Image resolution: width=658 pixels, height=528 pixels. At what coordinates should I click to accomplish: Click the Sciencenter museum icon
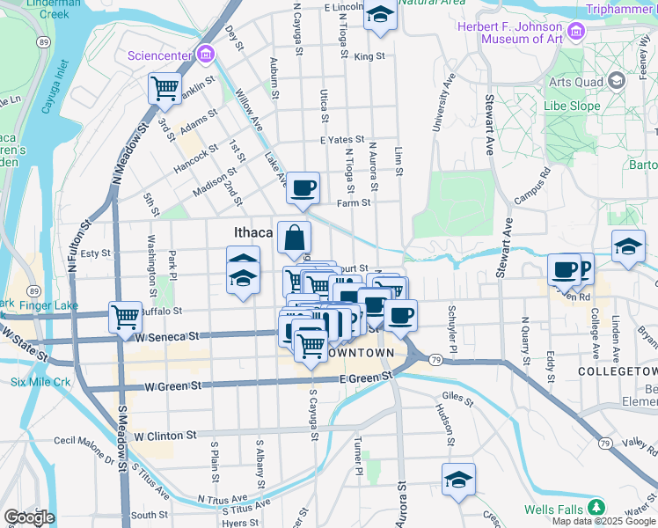tap(205, 55)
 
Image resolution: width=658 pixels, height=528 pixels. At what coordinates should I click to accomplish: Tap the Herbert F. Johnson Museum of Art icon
tap(577, 33)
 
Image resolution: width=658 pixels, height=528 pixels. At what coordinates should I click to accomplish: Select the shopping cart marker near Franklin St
tap(164, 88)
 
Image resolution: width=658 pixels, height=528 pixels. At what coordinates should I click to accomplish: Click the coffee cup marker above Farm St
tap(303, 187)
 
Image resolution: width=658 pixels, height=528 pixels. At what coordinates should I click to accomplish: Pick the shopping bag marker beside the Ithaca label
tap(294, 237)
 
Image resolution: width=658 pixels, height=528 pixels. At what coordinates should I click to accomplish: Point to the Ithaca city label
tap(253, 233)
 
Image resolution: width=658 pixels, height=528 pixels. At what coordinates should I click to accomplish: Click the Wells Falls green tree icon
tap(597, 508)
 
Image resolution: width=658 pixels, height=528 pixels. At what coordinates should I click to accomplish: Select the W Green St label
tap(173, 385)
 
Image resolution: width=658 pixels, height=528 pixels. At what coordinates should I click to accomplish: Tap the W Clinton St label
tap(164, 436)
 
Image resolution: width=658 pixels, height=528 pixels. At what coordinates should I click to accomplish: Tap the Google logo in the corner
tap(30, 517)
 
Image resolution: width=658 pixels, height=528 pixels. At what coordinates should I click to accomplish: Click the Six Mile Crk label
tap(40, 382)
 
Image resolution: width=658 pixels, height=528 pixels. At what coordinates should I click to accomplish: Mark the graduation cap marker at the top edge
tap(379, 15)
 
